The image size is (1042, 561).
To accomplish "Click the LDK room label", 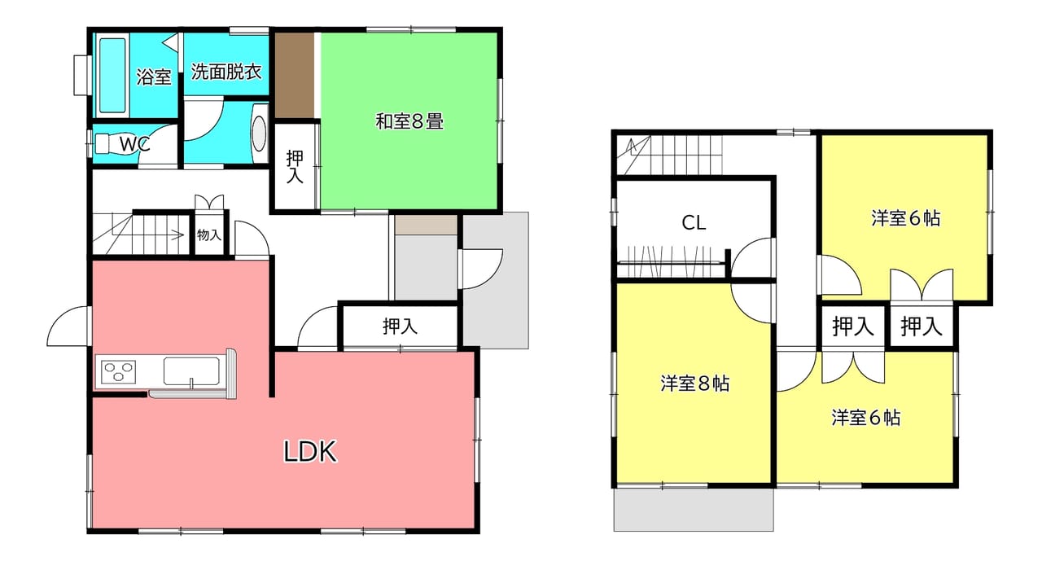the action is point(310,451).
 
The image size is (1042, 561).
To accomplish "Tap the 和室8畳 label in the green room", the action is point(409,121).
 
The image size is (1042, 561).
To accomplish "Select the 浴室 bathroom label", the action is point(154,77).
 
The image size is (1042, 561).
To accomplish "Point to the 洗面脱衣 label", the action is point(226,72).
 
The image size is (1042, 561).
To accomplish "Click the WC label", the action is point(135,144).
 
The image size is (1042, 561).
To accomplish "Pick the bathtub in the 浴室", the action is point(112,76).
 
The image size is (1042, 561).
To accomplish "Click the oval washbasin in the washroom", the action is point(259,133).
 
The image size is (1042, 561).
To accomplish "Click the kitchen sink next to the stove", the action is point(191,371).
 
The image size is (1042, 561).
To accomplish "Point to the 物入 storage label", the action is point(208,235).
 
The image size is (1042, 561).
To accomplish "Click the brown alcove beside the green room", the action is point(294,75).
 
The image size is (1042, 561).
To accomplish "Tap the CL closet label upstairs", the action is point(694,223).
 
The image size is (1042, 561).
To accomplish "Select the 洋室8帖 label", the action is point(695,383).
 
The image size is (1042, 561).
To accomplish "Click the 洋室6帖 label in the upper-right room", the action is point(906,218).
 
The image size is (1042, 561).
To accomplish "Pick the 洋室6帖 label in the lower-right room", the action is point(865,418).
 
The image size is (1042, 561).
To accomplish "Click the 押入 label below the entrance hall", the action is point(400,327).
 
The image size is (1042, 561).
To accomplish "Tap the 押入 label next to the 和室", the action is point(295,167).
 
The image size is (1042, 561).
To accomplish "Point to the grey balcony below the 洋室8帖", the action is point(694,510).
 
